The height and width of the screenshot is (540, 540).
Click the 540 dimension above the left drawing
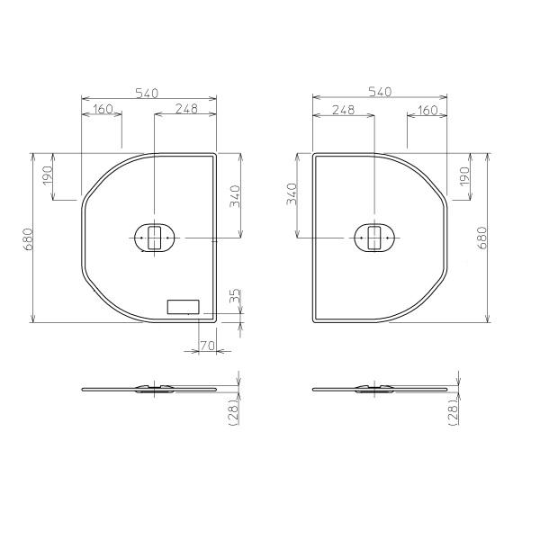click(x=148, y=91)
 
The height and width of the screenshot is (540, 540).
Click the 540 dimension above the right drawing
click(x=380, y=91)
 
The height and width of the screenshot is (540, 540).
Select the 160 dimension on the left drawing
click(x=102, y=110)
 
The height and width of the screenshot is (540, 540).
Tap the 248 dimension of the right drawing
click(x=342, y=110)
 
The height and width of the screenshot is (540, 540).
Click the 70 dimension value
click(x=205, y=345)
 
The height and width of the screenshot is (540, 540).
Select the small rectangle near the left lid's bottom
click(x=183, y=306)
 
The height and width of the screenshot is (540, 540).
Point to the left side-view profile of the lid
click(x=149, y=390)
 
